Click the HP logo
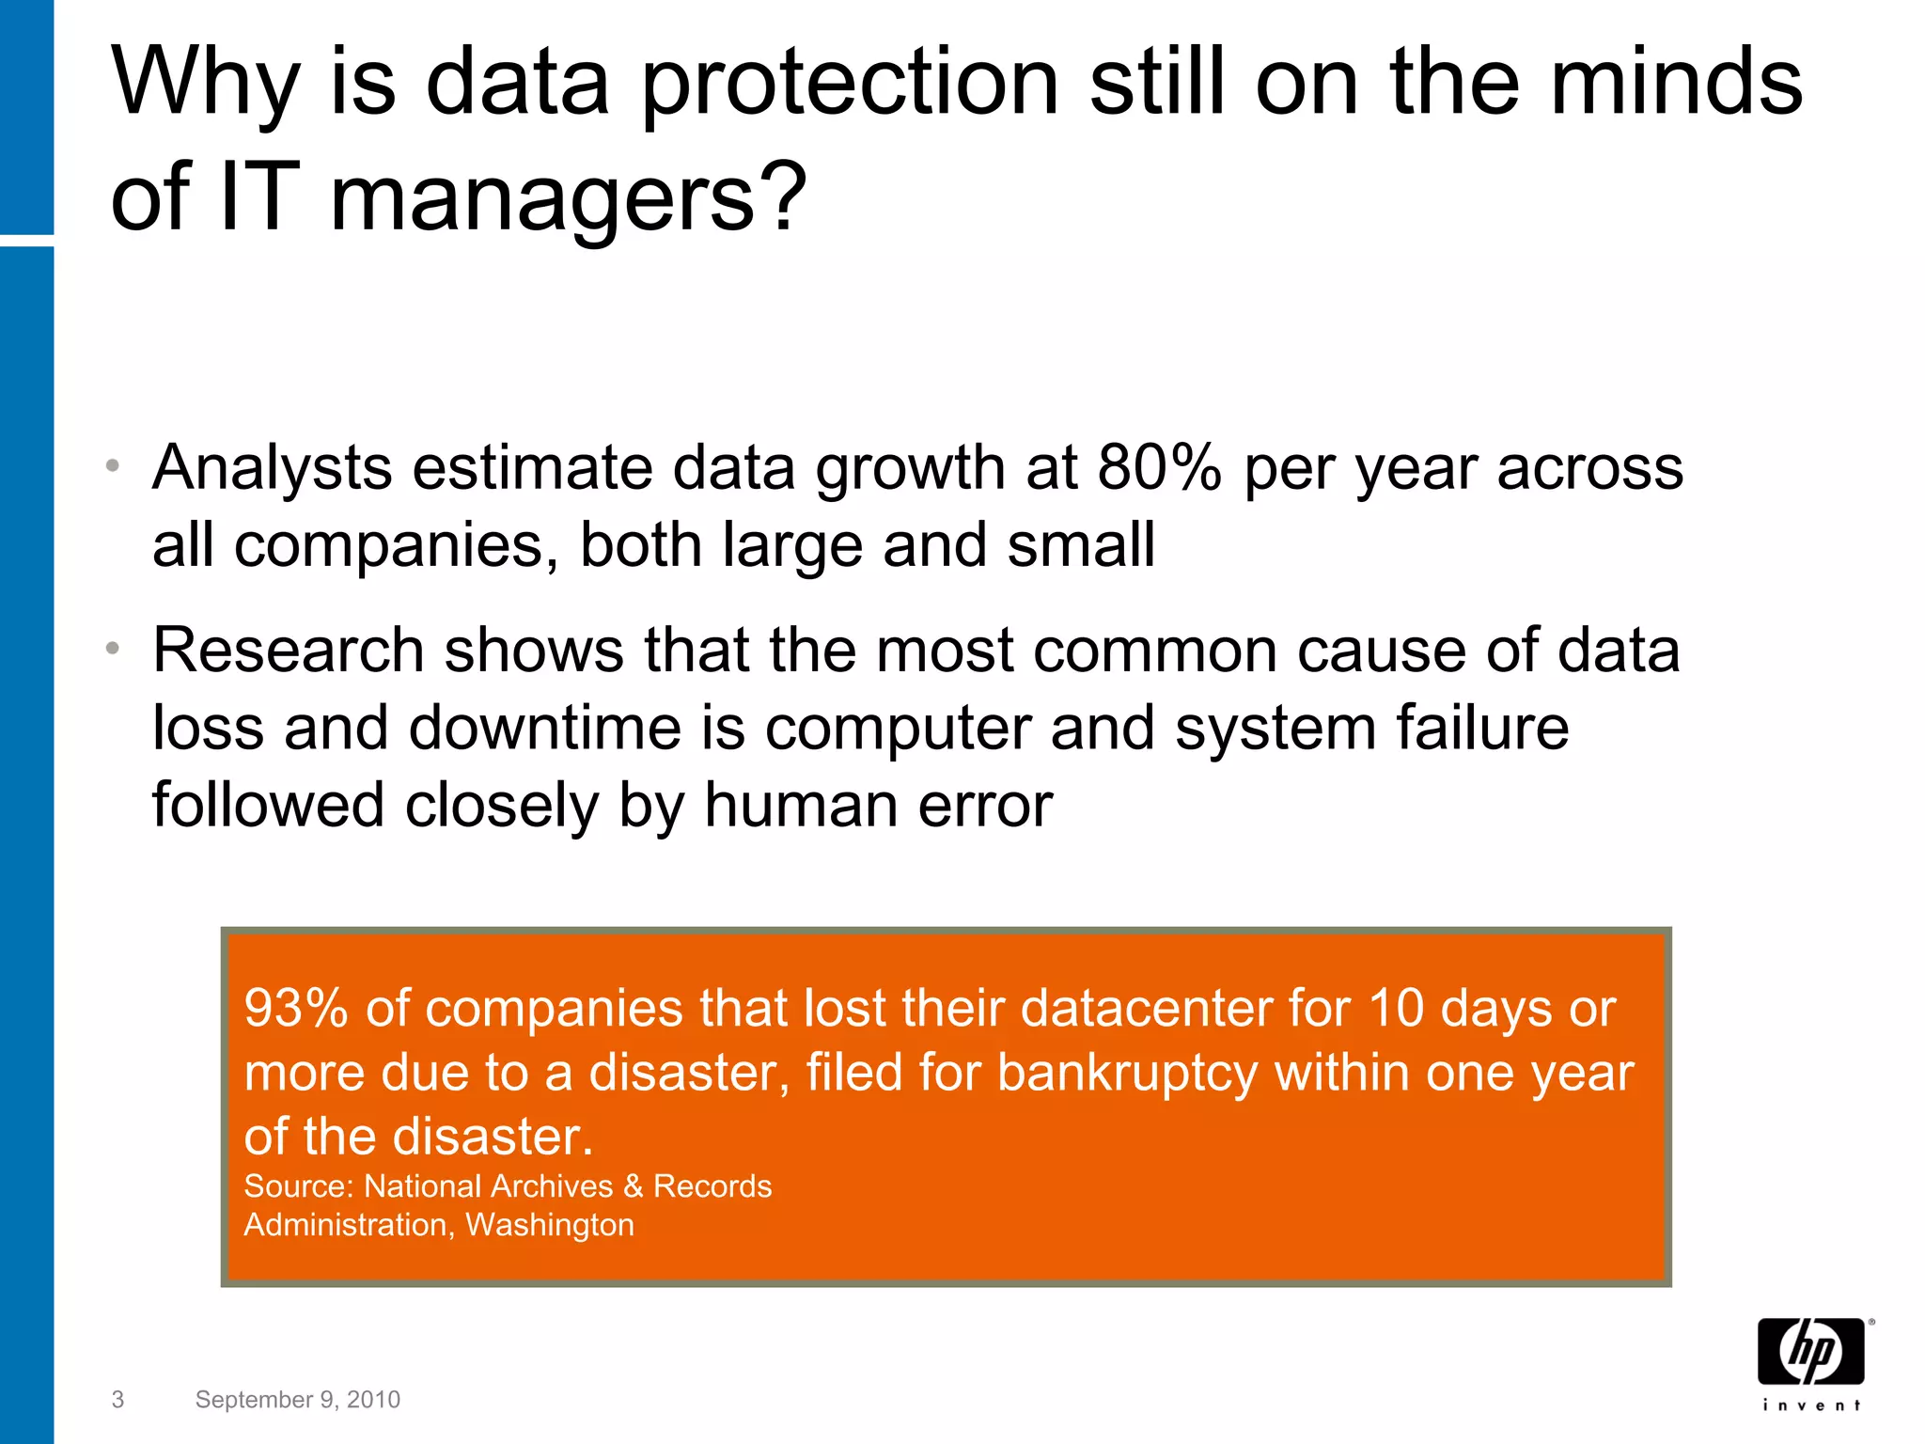click(x=1810, y=1351)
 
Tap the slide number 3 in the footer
click(x=117, y=1400)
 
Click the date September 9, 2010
click(x=297, y=1400)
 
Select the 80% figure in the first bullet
click(x=1159, y=467)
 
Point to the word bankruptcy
click(x=1126, y=1073)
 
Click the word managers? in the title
click(x=568, y=197)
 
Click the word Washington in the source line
click(x=550, y=1225)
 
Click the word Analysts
click(x=272, y=467)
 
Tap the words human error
click(x=878, y=806)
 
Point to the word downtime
click(x=545, y=729)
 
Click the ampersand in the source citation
click(x=634, y=1186)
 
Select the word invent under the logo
click(x=1811, y=1405)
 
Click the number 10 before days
click(x=1396, y=1009)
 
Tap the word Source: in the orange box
click(x=298, y=1186)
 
